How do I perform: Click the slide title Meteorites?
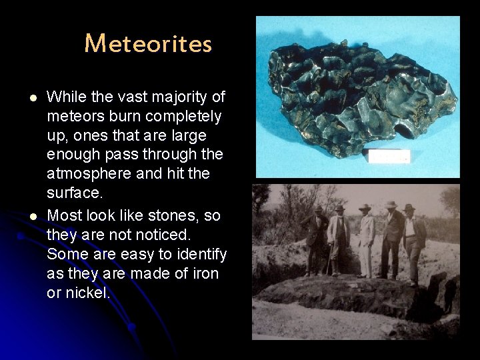click(x=148, y=44)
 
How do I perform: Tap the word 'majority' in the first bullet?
click(x=179, y=97)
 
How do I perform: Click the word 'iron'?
click(x=203, y=273)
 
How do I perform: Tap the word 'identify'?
click(x=201, y=254)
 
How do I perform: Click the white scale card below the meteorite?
click(x=389, y=157)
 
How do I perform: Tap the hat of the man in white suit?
click(x=365, y=207)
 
